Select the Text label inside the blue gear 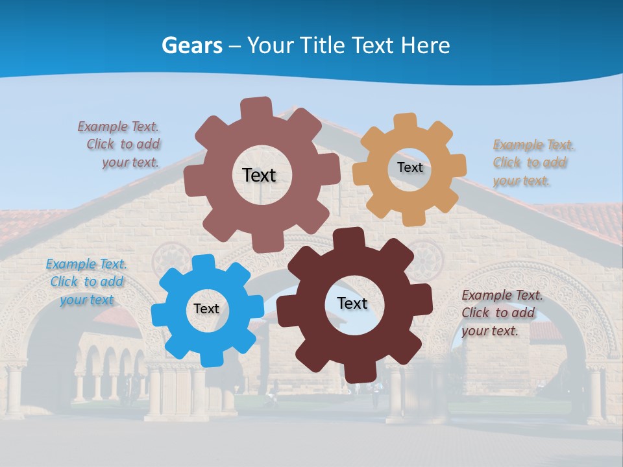pyautogui.click(x=206, y=309)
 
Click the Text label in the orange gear pyautogui.click(x=409, y=167)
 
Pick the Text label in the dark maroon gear pyautogui.click(x=352, y=304)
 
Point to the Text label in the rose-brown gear pyautogui.click(x=259, y=175)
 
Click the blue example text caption pyautogui.click(x=86, y=282)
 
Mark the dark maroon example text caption pyautogui.click(x=501, y=313)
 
